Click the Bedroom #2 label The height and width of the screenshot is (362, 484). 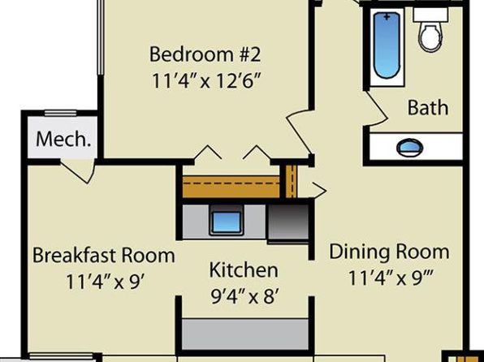(x=205, y=54)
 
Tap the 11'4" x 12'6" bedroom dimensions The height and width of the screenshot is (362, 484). (x=205, y=81)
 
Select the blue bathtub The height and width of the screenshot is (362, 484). (x=387, y=45)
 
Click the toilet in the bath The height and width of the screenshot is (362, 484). (x=431, y=31)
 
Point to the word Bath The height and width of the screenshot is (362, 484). (x=428, y=108)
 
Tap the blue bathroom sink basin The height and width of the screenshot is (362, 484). (x=409, y=147)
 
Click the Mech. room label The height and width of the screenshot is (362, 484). (x=63, y=139)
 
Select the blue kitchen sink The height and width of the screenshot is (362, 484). (x=227, y=222)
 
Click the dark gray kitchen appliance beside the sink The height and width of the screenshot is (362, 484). (x=287, y=222)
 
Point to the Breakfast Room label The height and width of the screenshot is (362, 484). (x=104, y=255)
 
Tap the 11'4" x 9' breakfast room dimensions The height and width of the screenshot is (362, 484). (x=106, y=282)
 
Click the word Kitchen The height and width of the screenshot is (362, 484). (x=244, y=269)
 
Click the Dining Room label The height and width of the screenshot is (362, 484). (x=389, y=252)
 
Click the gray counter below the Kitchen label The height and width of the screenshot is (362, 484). (x=245, y=334)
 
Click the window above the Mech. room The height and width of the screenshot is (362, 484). (x=60, y=114)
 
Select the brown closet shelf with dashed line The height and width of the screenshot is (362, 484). (x=231, y=187)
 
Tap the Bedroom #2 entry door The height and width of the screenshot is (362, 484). (x=299, y=131)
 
